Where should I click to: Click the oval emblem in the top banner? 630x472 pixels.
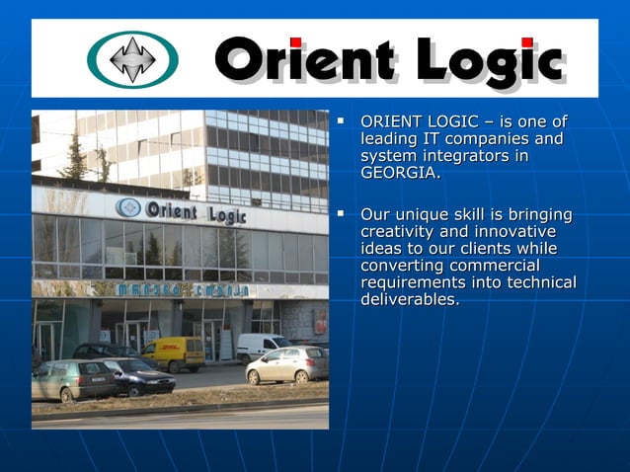(133, 59)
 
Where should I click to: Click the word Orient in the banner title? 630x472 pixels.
(305, 60)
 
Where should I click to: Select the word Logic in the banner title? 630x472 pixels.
(489, 62)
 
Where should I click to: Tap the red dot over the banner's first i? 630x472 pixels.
(295, 42)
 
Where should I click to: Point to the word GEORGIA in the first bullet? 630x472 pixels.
(399, 174)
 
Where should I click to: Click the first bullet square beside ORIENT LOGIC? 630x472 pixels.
(341, 121)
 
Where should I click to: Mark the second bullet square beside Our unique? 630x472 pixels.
(341, 212)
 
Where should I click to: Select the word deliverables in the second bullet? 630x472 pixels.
(409, 299)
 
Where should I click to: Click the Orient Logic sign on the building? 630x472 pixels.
(195, 211)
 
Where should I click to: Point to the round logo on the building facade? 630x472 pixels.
(127, 207)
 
